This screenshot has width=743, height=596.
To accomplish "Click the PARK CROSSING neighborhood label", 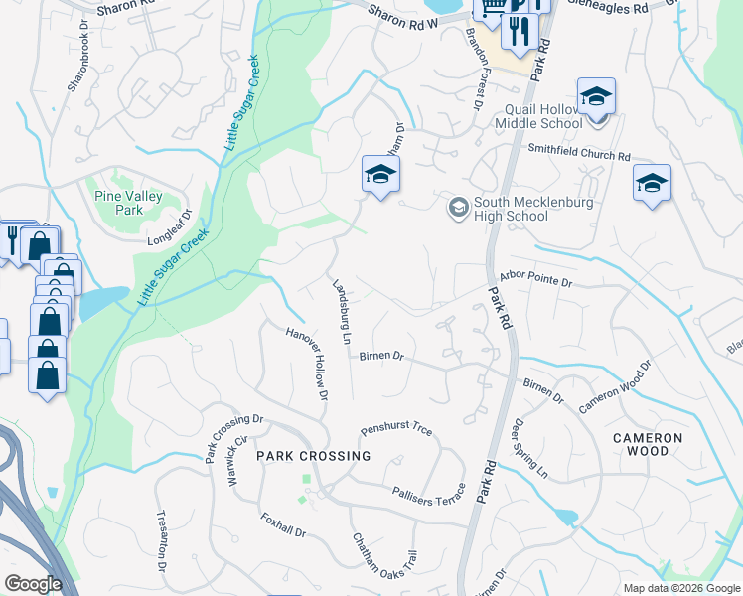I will (x=313, y=456).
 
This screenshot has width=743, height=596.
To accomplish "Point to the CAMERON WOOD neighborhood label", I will (x=648, y=444).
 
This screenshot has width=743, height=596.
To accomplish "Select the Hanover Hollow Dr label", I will (x=307, y=364).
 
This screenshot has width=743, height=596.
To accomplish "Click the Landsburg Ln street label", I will (x=341, y=311).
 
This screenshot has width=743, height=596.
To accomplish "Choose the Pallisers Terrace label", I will (x=428, y=493).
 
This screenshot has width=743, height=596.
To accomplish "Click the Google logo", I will (x=34, y=584).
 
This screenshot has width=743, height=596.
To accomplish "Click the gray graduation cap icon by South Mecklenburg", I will (x=458, y=206).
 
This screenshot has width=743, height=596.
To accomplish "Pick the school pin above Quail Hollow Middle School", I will (x=596, y=97).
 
